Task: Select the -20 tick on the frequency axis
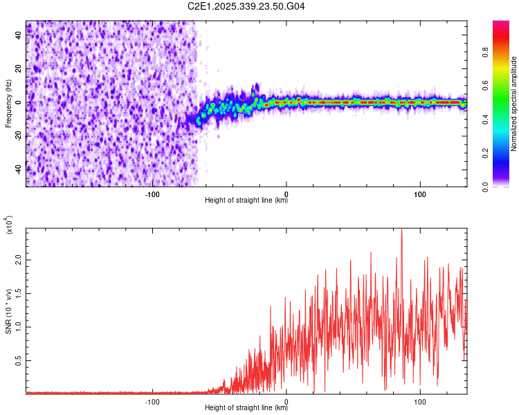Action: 18,136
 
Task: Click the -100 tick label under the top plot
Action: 153,194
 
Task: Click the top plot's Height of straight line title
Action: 246,201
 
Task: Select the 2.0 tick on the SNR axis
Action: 17,261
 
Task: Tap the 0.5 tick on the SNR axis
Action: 17,361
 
